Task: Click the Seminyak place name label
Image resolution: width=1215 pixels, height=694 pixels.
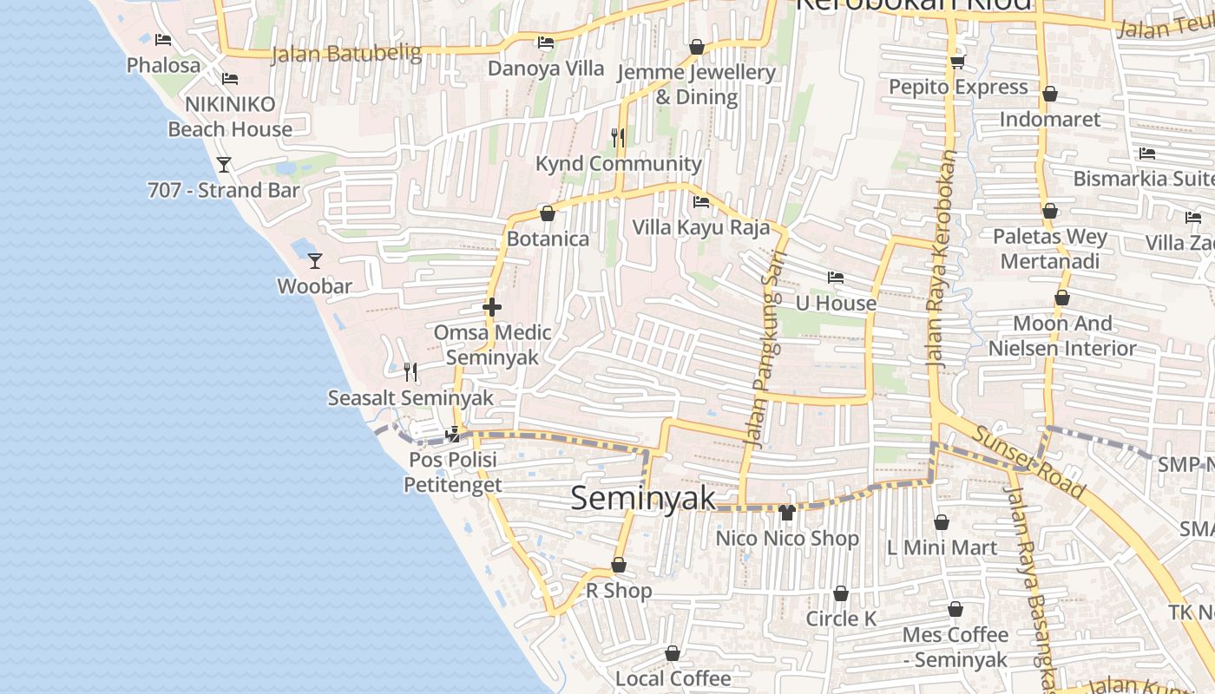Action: pos(643,497)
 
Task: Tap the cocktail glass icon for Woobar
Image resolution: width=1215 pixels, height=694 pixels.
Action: pos(315,260)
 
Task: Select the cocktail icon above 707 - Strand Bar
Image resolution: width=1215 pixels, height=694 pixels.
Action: pos(224,164)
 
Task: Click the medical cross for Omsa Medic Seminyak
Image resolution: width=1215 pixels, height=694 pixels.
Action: pos(491,307)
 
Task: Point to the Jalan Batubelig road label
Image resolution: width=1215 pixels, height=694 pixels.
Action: pos(346,54)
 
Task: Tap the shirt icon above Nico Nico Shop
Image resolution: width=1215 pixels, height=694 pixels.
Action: pos(787,513)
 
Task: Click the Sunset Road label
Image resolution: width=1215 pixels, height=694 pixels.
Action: pos(1028,462)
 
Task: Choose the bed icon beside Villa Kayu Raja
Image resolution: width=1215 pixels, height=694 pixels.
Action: pos(701,202)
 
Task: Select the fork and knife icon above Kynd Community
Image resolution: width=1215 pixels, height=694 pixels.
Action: pos(617,137)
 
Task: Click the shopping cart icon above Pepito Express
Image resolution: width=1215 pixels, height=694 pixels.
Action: pos(957,62)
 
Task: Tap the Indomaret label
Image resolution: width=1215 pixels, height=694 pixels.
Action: pos(1050,119)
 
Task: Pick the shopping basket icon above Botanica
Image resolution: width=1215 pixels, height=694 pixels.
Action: pos(548,213)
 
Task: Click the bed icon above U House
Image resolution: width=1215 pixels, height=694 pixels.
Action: pos(836,278)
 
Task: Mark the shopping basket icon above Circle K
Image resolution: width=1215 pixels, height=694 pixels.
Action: pos(840,594)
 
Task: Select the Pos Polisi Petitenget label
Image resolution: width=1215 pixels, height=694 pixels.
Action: pos(452,472)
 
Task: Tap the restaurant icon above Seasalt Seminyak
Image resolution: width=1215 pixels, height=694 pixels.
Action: pos(410,372)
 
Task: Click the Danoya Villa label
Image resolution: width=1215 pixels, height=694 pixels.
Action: pos(546,69)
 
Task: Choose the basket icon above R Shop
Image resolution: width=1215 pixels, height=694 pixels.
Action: pos(619,566)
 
